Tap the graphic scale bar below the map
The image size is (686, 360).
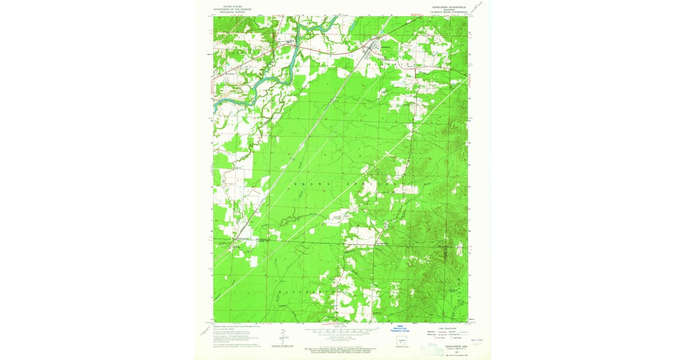[x=341, y=330]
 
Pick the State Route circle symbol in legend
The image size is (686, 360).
[x=449, y=339]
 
